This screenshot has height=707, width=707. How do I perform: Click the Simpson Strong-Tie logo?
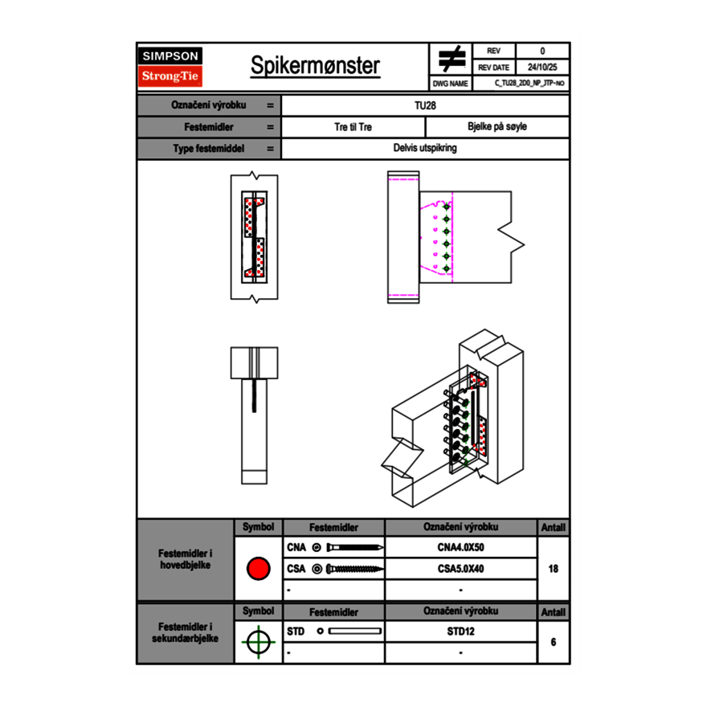171,67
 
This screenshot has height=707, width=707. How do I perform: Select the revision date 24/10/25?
542,67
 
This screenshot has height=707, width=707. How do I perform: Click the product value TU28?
426,105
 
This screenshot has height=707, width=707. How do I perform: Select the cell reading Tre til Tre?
353,127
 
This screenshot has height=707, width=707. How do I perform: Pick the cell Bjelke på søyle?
497,127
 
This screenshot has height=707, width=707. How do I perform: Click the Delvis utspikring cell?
425,149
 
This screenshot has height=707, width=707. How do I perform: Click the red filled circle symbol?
258,569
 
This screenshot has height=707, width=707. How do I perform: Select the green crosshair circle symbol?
258,642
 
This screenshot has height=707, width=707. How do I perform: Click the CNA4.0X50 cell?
460,548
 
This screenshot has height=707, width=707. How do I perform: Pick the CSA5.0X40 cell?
460,569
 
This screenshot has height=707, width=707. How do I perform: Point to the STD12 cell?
460,631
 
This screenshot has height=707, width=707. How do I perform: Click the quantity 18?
553,569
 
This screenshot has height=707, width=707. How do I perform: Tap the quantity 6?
553,642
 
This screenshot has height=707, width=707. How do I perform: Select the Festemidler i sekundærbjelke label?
186,633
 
